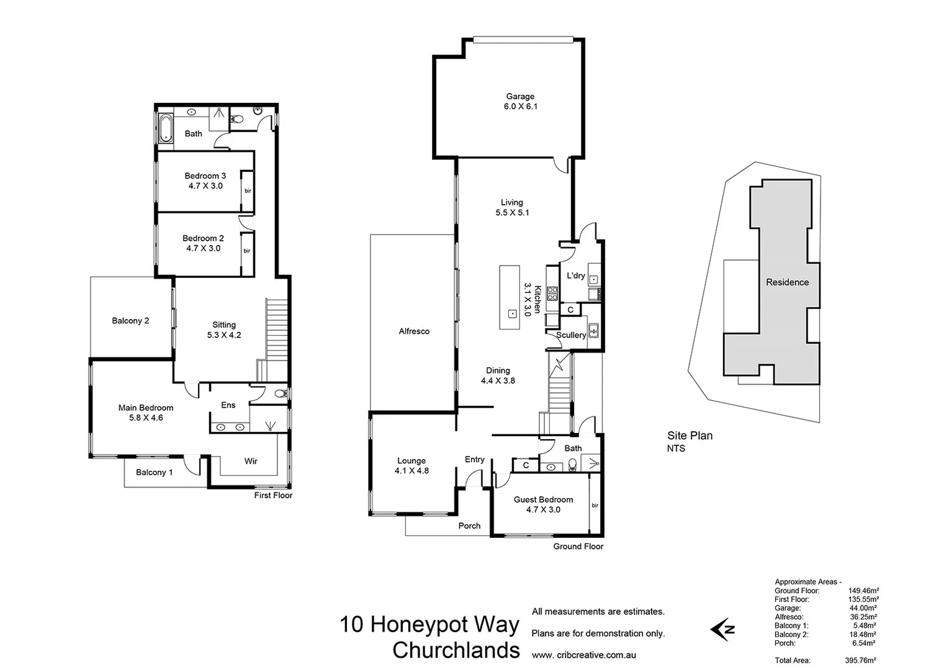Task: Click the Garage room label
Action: [x=520, y=96]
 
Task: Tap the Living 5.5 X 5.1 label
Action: [x=512, y=207]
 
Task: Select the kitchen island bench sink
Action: [x=512, y=313]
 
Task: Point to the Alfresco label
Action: [x=414, y=331]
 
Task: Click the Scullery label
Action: [x=570, y=335]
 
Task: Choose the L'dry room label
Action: [x=575, y=275]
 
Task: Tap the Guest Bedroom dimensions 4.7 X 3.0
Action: [x=543, y=510]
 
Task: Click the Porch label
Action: [x=469, y=525]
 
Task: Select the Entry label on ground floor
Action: [x=474, y=459]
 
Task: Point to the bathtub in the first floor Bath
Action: [x=165, y=128]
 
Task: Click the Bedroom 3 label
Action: [x=205, y=176]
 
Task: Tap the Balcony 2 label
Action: [x=130, y=321]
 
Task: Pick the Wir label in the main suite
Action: [x=251, y=461]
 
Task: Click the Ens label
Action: [x=228, y=405]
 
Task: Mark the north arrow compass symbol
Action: [x=723, y=629]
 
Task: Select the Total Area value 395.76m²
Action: [x=860, y=661]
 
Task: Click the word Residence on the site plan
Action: [x=787, y=282]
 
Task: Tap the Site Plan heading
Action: [x=690, y=435]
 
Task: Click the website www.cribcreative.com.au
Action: [x=583, y=655]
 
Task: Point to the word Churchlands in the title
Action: [x=456, y=650]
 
